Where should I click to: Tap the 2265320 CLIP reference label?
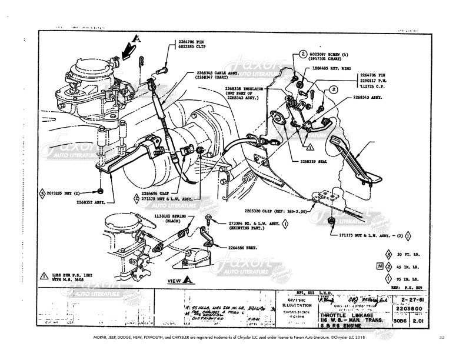click(268, 211)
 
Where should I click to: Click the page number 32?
click(441, 338)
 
